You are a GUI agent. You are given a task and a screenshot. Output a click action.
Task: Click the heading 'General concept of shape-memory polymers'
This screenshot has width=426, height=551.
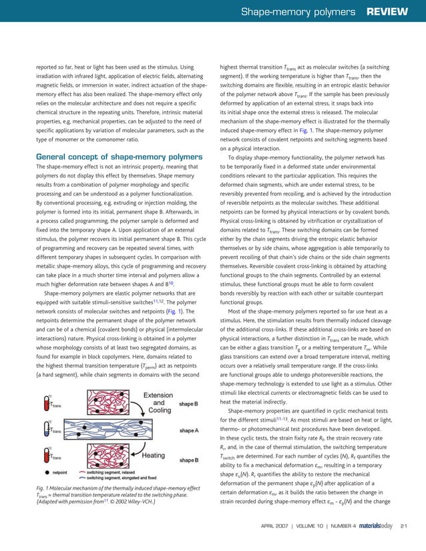110,157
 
